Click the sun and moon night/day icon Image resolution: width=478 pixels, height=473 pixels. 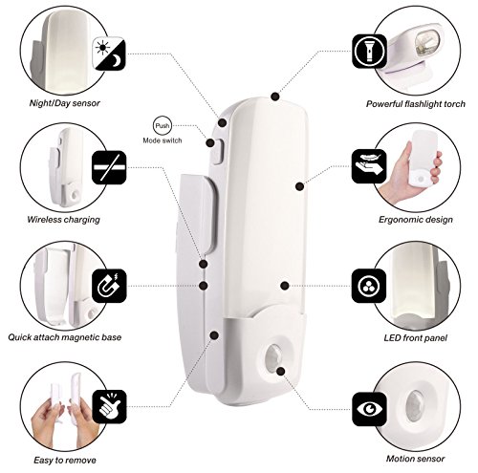point(109,54)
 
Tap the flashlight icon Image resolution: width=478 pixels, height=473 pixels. point(369,52)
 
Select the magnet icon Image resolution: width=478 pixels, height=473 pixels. point(109,286)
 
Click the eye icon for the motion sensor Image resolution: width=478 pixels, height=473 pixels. point(369,409)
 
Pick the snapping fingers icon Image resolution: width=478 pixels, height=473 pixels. point(109,407)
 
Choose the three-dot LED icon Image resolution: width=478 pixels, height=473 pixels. point(369,286)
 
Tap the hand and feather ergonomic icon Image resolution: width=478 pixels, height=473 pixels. point(369,166)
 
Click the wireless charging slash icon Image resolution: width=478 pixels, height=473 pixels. point(109,167)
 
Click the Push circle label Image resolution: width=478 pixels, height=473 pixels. point(163,125)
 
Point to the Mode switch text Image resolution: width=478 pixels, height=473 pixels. point(163,140)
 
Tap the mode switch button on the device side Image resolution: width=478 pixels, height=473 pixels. point(217,152)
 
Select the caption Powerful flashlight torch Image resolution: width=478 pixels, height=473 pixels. point(416,104)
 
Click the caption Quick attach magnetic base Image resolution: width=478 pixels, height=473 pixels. point(65,337)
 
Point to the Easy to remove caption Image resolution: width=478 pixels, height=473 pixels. point(65,460)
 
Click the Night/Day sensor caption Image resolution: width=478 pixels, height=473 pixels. point(65,103)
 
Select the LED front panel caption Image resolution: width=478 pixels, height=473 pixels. point(416,338)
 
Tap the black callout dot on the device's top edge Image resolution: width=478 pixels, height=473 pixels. point(275,97)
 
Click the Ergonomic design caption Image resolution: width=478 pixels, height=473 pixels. point(416,220)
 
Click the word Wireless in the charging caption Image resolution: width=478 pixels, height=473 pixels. point(44,219)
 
